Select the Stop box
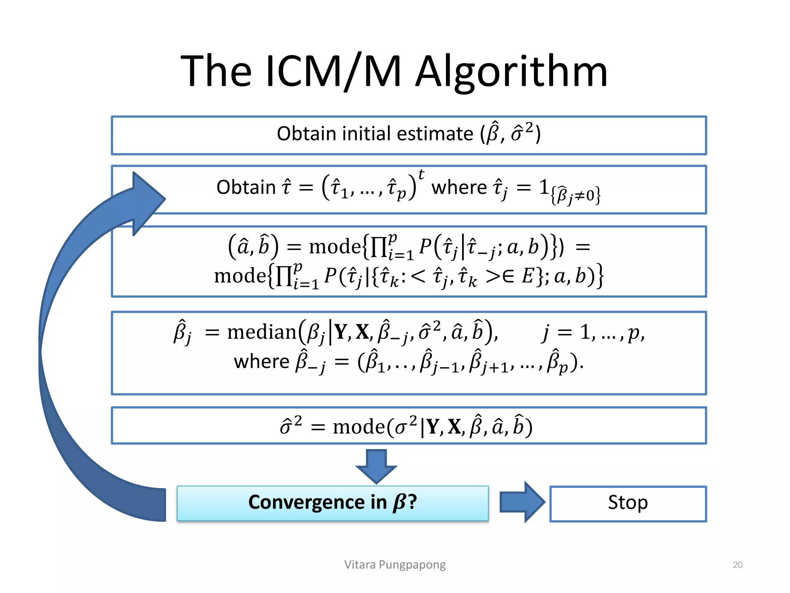coord(628,503)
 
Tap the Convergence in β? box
coord(333,503)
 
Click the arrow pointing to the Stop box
coord(522,502)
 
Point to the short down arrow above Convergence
coord(376,466)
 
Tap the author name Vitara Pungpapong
coord(395,564)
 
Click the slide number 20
coord(737,565)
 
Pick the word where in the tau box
coord(459,188)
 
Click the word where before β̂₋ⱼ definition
coord(262,362)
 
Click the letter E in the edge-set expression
coord(527,276)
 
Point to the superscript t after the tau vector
coord(421,175)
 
